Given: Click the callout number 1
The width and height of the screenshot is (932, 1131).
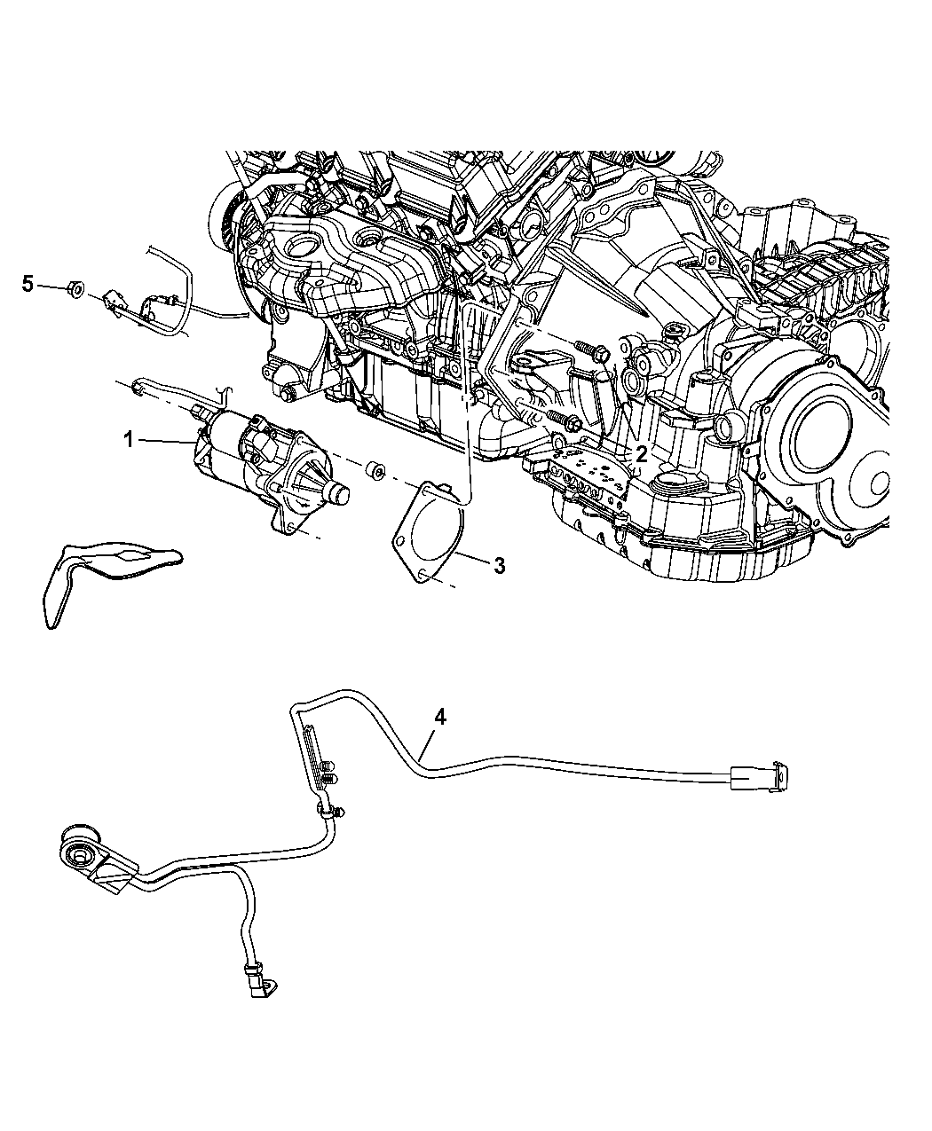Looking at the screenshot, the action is pyautogui.click(x=129, y=440).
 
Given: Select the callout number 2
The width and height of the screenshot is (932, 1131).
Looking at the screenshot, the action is pyautogui.click(x=642, y=454).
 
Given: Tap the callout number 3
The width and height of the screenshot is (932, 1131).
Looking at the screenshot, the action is pyautogui.click(x=500, y=566).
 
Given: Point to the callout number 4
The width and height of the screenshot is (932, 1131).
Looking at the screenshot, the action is pyautogui.click(x=440, y=718).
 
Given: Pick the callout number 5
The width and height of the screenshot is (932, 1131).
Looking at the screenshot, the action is pyautogui.click(x=28, y=283).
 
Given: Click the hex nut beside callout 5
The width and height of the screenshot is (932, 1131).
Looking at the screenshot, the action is pyautogui.click(x=76, y=289).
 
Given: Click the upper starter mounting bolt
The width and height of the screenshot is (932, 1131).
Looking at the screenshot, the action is pyautogui.click(x=592, y=350).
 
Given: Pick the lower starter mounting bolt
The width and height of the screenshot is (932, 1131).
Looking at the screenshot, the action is pyautogui.click(x=565, y=420).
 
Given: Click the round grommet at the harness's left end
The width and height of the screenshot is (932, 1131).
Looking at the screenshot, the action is pyautogui.click(x=80, y=853).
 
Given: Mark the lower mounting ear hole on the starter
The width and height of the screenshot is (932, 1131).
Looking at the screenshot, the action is pyautogui.click(x=292, y=527).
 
